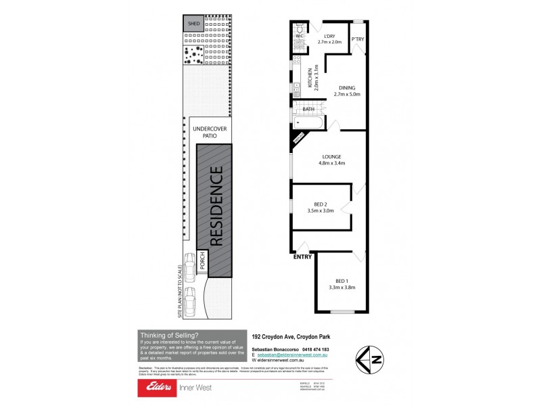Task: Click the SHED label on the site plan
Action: [195, 24]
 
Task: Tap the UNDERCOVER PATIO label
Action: [209, 132]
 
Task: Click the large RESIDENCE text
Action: [217, 207]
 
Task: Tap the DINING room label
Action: [347, 88]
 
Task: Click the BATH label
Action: [308, 109]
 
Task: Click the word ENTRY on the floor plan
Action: [303, 257]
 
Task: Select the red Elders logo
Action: [157, 388]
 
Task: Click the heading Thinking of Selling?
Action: [169, 335]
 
